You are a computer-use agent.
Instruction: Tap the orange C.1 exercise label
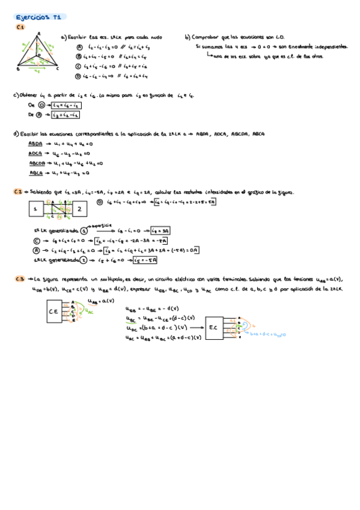point(20,28)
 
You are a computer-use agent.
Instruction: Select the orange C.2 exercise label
point(19,191)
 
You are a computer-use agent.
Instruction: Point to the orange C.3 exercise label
point(19,278)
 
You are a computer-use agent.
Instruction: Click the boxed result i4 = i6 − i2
point(66,105)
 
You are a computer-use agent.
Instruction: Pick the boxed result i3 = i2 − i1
point(66,114)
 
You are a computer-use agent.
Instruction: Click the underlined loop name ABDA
point(35,144)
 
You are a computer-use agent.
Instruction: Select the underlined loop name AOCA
point(35,153)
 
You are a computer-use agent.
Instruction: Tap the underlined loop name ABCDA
point(36,163)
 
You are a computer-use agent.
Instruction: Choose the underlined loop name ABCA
point(35,173)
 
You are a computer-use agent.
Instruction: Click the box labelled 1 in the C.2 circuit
point(35,209)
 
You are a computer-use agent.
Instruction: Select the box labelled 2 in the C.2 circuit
point(79,209)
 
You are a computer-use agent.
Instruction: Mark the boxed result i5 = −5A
point(145,260)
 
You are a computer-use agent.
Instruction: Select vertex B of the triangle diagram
point(19,69)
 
